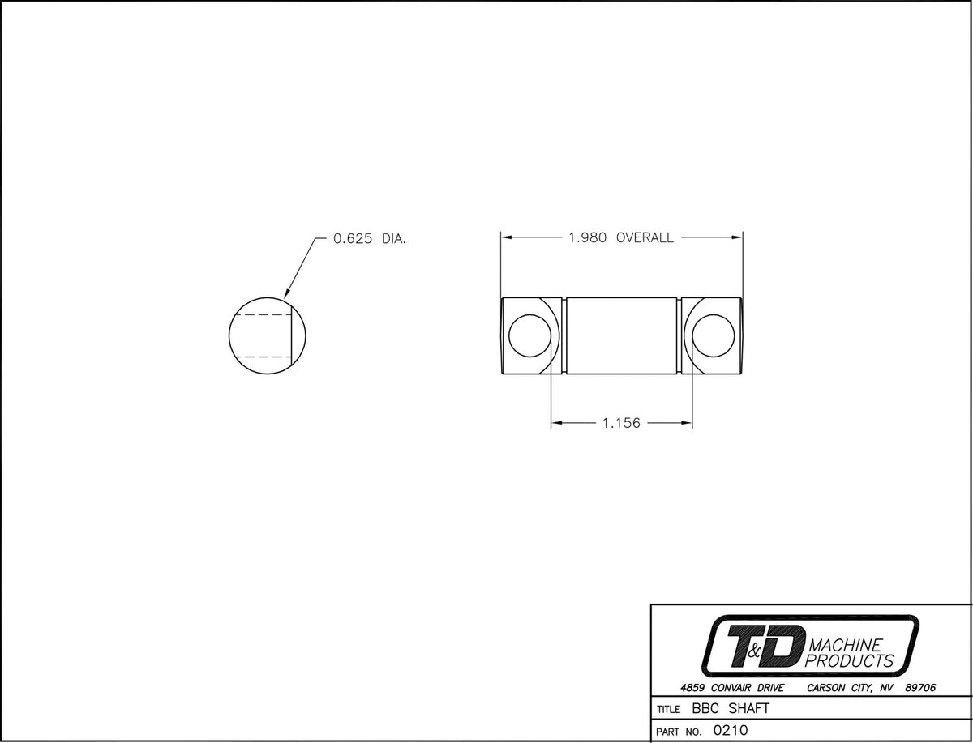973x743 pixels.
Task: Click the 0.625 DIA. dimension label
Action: (369, 239)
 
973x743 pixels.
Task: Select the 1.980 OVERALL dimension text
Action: (621, 238)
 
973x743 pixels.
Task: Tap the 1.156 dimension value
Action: (621, 423)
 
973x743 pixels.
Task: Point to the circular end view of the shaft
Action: (268, 335)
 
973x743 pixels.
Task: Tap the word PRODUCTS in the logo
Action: (850, 661)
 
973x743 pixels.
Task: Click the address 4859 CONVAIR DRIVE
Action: (732, 688)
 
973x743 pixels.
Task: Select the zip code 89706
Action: (920, 688)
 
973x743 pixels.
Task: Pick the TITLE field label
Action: (668, 710)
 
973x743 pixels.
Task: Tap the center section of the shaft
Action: (621, 335)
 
